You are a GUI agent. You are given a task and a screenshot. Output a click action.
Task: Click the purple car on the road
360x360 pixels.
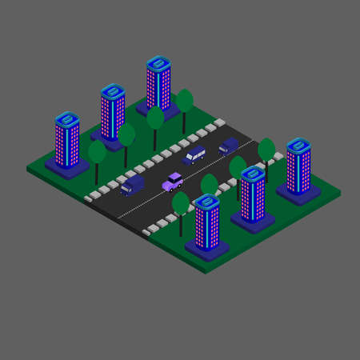[172, 182]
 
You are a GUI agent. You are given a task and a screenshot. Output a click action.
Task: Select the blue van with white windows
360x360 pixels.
[194, 154]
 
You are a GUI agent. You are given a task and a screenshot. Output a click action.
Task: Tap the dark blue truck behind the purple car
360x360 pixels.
[132, 186]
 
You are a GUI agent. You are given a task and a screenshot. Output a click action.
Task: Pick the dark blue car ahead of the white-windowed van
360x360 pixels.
[229, 146]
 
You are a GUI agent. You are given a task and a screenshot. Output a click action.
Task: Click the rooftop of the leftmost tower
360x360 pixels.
[67, 120]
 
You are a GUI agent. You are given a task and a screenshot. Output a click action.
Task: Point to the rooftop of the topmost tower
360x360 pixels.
[158, 63]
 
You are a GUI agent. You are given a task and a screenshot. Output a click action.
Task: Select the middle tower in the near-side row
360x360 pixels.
[253, 196]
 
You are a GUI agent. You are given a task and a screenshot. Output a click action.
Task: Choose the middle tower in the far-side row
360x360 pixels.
[113, 112]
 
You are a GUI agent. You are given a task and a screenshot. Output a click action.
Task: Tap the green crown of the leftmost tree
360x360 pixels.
[97, 150]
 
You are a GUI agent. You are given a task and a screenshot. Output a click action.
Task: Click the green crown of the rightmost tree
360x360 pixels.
[266, 149]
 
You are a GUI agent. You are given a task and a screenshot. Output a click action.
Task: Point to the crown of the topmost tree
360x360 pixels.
[185, 100]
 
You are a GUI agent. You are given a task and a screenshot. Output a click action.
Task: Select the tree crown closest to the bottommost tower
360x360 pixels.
[181, 202]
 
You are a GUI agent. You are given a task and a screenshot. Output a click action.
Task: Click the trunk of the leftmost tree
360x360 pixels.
[97, 173]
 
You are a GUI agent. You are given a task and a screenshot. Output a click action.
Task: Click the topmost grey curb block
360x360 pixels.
[219, 122]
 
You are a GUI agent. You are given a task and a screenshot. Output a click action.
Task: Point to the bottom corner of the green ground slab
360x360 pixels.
[206, 270]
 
